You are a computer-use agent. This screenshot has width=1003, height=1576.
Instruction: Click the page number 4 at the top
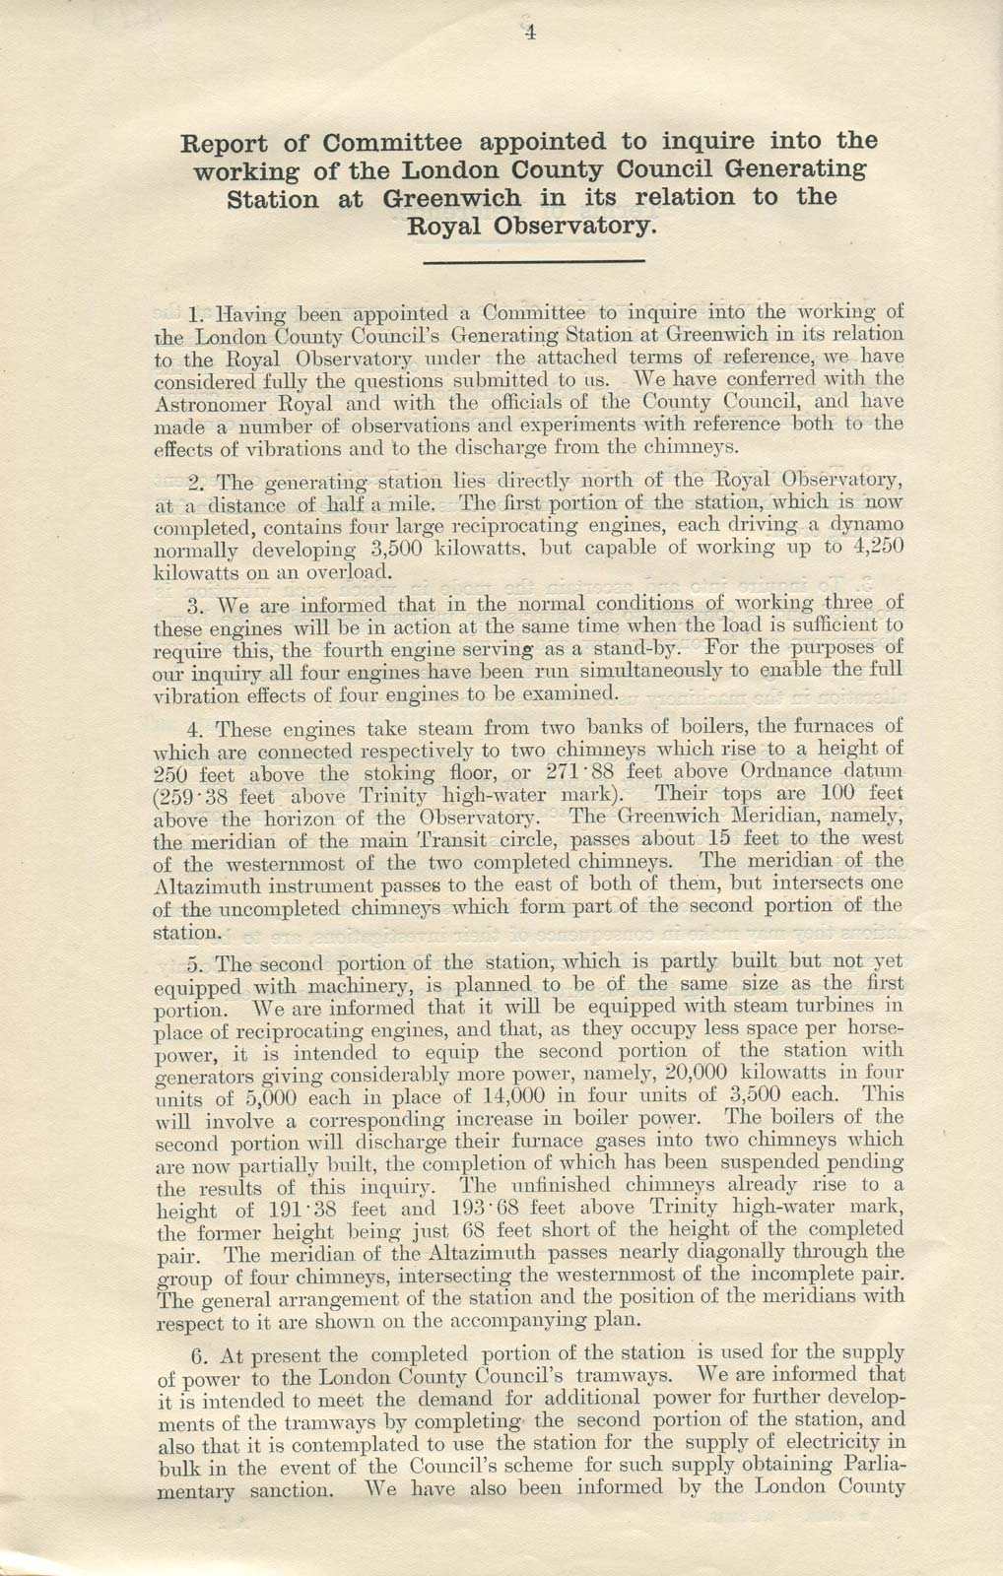(529, 33)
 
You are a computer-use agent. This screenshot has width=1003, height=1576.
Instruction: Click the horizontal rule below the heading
(532, 261)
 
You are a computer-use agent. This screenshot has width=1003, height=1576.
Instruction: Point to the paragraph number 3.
(193, 604)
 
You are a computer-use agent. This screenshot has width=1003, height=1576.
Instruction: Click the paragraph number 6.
(193, 1354)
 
